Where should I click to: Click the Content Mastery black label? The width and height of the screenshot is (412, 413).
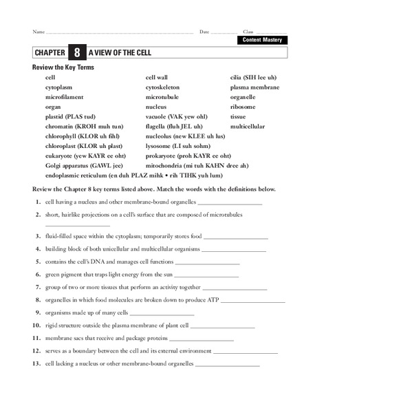click(x=262, y=40)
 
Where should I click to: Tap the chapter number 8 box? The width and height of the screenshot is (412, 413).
click(x=77, y=53)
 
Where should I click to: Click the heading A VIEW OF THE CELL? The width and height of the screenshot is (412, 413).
click(x=120, y=53)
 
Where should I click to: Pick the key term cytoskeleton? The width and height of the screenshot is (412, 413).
click(x=166, y=87)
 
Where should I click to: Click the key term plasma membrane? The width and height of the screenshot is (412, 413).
click(x=254, y=87)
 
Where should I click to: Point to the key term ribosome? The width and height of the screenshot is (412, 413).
click(x=243, y=107)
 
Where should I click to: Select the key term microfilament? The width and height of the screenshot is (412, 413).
click(x=65, y=97)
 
